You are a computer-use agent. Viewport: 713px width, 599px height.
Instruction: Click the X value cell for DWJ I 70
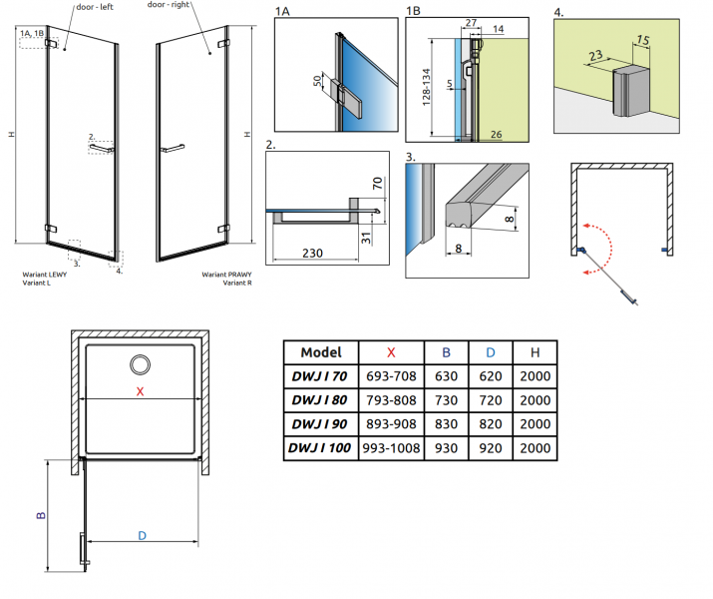tap(391, 376)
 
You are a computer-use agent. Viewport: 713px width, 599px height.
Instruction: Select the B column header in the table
tap(446, 352)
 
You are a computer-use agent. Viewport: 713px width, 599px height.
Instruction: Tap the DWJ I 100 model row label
tap(320, 448)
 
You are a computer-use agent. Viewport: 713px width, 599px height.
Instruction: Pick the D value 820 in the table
tap(491, 424)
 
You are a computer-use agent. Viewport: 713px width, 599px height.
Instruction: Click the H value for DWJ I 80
tap(535, 400)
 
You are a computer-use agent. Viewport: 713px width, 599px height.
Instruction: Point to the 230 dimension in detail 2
tap(312, 253)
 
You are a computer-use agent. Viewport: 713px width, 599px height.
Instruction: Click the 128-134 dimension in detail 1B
tap(426, 88)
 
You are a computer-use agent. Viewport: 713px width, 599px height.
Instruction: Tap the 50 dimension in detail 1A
tap(317, 81)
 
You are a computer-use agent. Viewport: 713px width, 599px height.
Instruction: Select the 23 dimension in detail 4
tap(595, 56)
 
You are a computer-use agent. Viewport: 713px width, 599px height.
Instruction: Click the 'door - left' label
tap(95, 7)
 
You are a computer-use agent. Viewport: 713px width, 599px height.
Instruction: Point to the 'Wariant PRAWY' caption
tap(226, 275)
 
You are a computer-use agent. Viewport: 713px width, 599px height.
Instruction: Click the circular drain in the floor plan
tap(140, 365)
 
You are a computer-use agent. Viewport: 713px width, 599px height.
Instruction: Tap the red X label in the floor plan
tap(140, 391)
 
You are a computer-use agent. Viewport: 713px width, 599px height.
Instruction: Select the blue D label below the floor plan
tap(142, 536)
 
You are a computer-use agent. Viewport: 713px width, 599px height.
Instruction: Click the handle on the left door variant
tap(102, 148)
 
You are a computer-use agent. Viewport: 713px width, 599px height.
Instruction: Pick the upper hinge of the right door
tap(222, 43)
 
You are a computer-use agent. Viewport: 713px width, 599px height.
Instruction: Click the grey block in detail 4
tap(631, 91)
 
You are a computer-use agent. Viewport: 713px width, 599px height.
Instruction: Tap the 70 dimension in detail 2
tap(377, 184)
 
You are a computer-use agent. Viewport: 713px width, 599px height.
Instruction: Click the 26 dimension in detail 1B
tap(496, 134)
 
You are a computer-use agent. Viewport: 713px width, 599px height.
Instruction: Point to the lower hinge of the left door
tap(51, 228)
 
